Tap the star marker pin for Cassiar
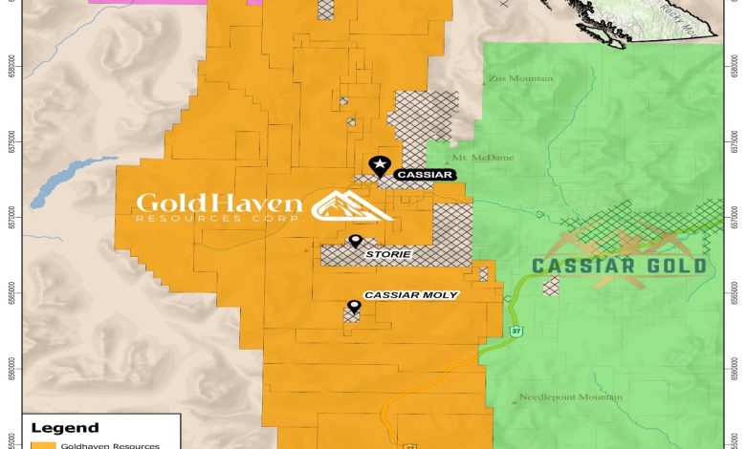[x=380, y=166]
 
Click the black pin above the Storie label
[x=356, y=242]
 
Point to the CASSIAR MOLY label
[x=410, y=295]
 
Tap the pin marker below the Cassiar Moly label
[x=354, y=307]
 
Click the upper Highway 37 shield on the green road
[x=516, y=331]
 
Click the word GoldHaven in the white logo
[x=219, y=203]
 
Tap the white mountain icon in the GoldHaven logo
[x=352, y=205]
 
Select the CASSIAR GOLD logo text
[x=619, y=266]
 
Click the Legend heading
[x=66, y=428]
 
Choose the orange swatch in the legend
[x=42, y=445]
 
